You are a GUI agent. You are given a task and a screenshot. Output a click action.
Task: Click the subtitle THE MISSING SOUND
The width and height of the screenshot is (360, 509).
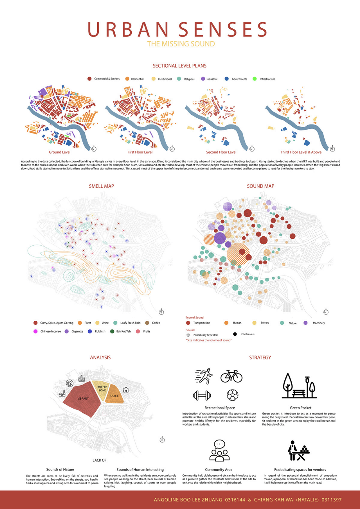coord(181,44)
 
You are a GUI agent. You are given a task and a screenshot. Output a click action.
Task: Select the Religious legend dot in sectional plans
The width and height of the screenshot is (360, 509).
coord(179,79)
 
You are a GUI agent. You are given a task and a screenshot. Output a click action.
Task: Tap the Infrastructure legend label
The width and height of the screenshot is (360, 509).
coord(267,79)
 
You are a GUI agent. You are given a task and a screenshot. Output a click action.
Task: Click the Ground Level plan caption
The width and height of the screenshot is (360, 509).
coord(60,152)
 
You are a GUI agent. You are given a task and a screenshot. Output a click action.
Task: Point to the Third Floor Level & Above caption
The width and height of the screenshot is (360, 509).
coord(301,152)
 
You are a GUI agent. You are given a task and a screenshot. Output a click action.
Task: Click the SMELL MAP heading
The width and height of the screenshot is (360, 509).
coord(102,186)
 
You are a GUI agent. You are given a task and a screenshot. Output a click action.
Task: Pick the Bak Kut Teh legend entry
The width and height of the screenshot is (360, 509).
coord(123,331)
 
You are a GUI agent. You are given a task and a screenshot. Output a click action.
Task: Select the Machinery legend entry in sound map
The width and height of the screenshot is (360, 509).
coord(319,323)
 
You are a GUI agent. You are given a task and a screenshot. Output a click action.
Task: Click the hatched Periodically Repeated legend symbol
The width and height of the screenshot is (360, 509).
coord(188,335)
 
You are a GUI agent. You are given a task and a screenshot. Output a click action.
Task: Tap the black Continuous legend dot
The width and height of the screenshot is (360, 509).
coord(235,334)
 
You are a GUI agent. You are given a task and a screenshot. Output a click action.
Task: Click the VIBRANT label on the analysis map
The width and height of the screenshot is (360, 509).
coord(83,399)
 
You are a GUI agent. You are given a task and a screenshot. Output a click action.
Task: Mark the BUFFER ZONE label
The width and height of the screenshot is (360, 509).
coord(102,388)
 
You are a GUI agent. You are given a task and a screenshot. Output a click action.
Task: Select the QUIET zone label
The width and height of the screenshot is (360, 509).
coord(114,396)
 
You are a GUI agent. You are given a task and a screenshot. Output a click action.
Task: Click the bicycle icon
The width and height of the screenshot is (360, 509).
coord(231,377)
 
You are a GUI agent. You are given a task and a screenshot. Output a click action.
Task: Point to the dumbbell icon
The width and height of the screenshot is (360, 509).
coord(202,396)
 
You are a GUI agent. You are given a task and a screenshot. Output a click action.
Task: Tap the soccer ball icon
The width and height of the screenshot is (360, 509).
coord(233,395)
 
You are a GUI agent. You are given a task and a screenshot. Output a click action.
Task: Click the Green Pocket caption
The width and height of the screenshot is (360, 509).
coord(301,408)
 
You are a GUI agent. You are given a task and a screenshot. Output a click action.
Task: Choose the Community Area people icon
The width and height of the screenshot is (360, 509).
coord(219,451)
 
